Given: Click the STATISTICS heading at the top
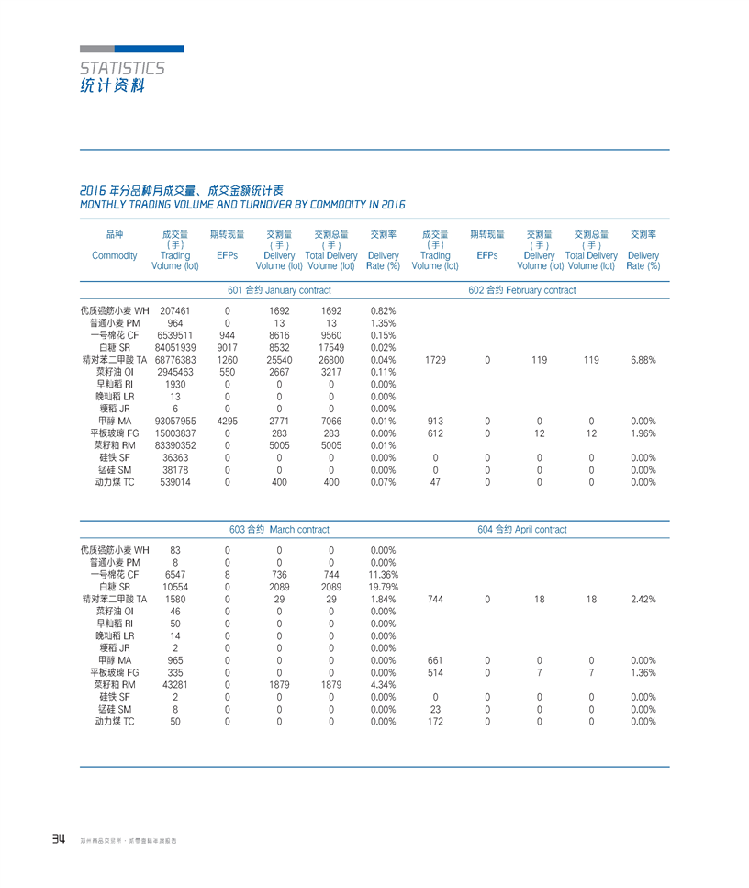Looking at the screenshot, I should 122,68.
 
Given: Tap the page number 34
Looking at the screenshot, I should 59,839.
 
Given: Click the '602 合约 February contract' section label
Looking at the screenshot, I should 521,290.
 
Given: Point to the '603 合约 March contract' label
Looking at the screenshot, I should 279,530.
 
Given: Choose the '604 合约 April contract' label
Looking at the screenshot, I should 521,530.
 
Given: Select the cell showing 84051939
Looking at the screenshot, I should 174,348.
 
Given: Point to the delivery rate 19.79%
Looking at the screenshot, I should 382,587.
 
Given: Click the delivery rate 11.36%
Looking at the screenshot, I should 382,575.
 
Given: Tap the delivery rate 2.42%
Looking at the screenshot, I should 643,599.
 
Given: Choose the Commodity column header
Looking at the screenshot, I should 115,255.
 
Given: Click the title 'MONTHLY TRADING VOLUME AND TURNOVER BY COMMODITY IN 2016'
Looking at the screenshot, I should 243,204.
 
